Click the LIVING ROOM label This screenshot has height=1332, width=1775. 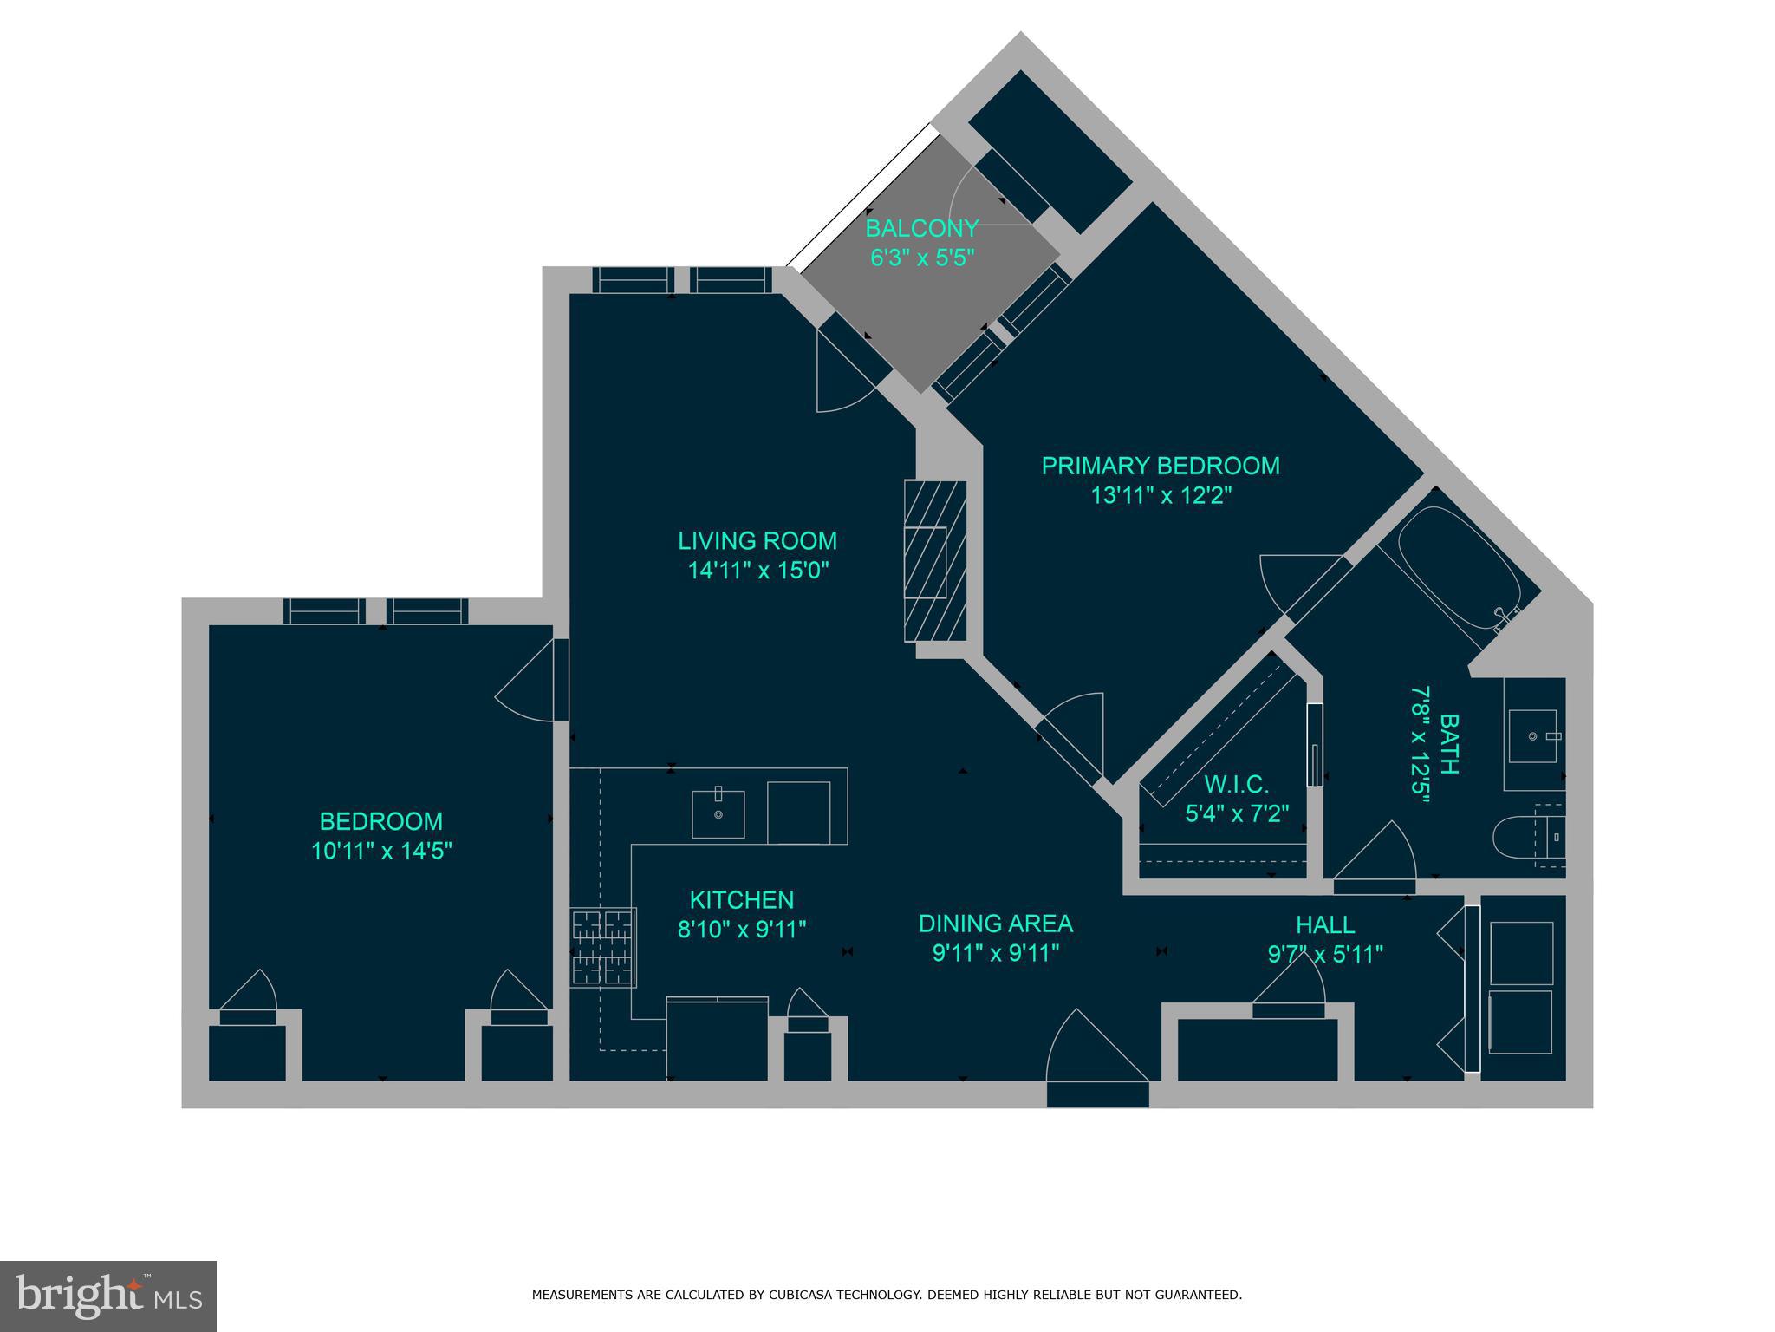click(x=757, y=541)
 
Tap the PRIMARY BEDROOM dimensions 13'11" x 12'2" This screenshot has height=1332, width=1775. click(x=1161, y=496)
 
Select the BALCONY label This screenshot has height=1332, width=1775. click(x=922, y=229)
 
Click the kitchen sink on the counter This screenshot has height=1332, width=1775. click(x=718, y=813)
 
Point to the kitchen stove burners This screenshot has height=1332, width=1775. click(x=603, y=947)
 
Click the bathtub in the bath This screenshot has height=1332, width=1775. click(x=1459, y=567)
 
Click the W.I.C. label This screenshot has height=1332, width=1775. click(x=1237, y=785)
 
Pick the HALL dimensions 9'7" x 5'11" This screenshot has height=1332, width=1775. click(x=1324, y=955)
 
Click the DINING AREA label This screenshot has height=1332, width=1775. click(x=996, y=924)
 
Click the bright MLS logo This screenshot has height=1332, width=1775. click(x=107, y=1296)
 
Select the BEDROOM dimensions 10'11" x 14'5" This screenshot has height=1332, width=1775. click(x=381, y=851)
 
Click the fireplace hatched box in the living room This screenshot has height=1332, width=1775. click(x=935, y=561)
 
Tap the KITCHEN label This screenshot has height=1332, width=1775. click(x=742, y=900)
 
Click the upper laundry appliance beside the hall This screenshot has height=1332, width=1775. click(x=1521, y=953)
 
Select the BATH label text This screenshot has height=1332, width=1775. click(x=1448, y=743)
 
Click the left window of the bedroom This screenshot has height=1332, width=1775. click(x=324, y=611)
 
